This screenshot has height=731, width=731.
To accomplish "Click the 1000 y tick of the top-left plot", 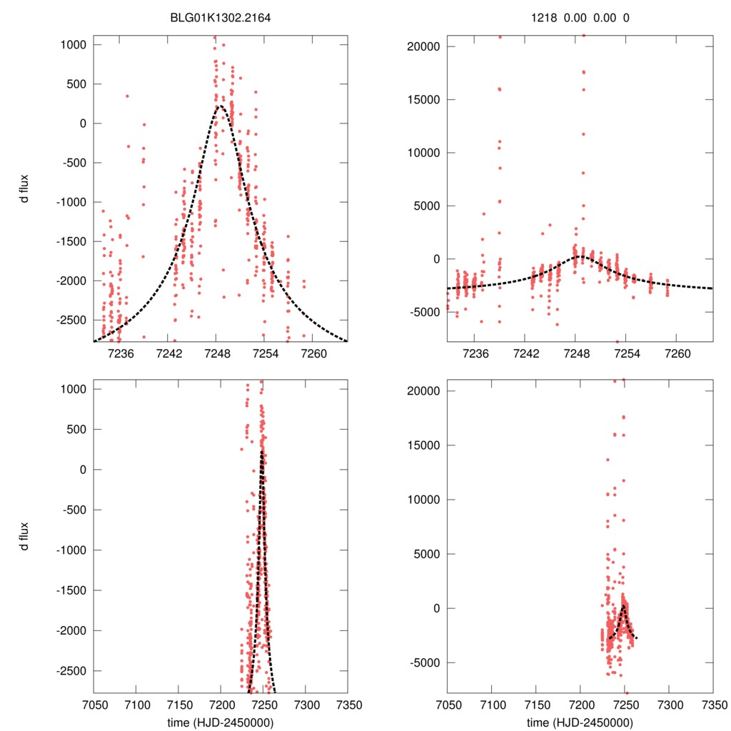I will [x=73, y=44].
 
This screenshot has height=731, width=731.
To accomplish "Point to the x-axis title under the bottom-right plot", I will [x=580, y=722].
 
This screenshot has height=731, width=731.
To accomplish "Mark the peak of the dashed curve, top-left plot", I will [x=220, y=106].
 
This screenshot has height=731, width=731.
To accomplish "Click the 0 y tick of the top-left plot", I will [x=82, y=123].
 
